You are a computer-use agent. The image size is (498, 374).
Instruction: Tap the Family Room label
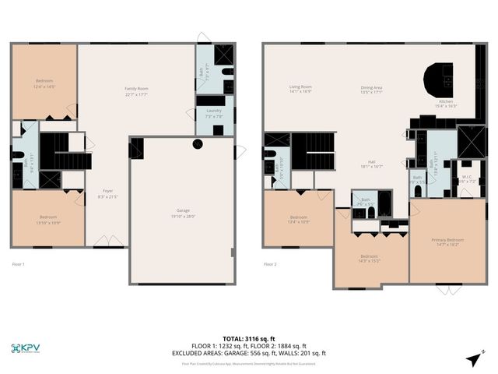click(x=136, y=91)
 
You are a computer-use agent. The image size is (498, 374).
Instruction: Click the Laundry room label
click(x=214, y=113)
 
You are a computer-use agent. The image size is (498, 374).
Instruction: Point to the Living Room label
click(x=300, y=89)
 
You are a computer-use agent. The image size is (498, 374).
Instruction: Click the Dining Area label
click(x=371, y=89)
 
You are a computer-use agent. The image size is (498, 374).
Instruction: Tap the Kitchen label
click(x=447, y=103)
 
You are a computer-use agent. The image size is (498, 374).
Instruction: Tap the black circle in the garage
click(x=198, y=143)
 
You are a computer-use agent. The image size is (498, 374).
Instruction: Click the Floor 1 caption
click(x=19, y=264)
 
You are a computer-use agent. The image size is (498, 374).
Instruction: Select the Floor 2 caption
click(x=270, y=264)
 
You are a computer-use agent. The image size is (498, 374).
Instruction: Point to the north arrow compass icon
click(x=473, y=358)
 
